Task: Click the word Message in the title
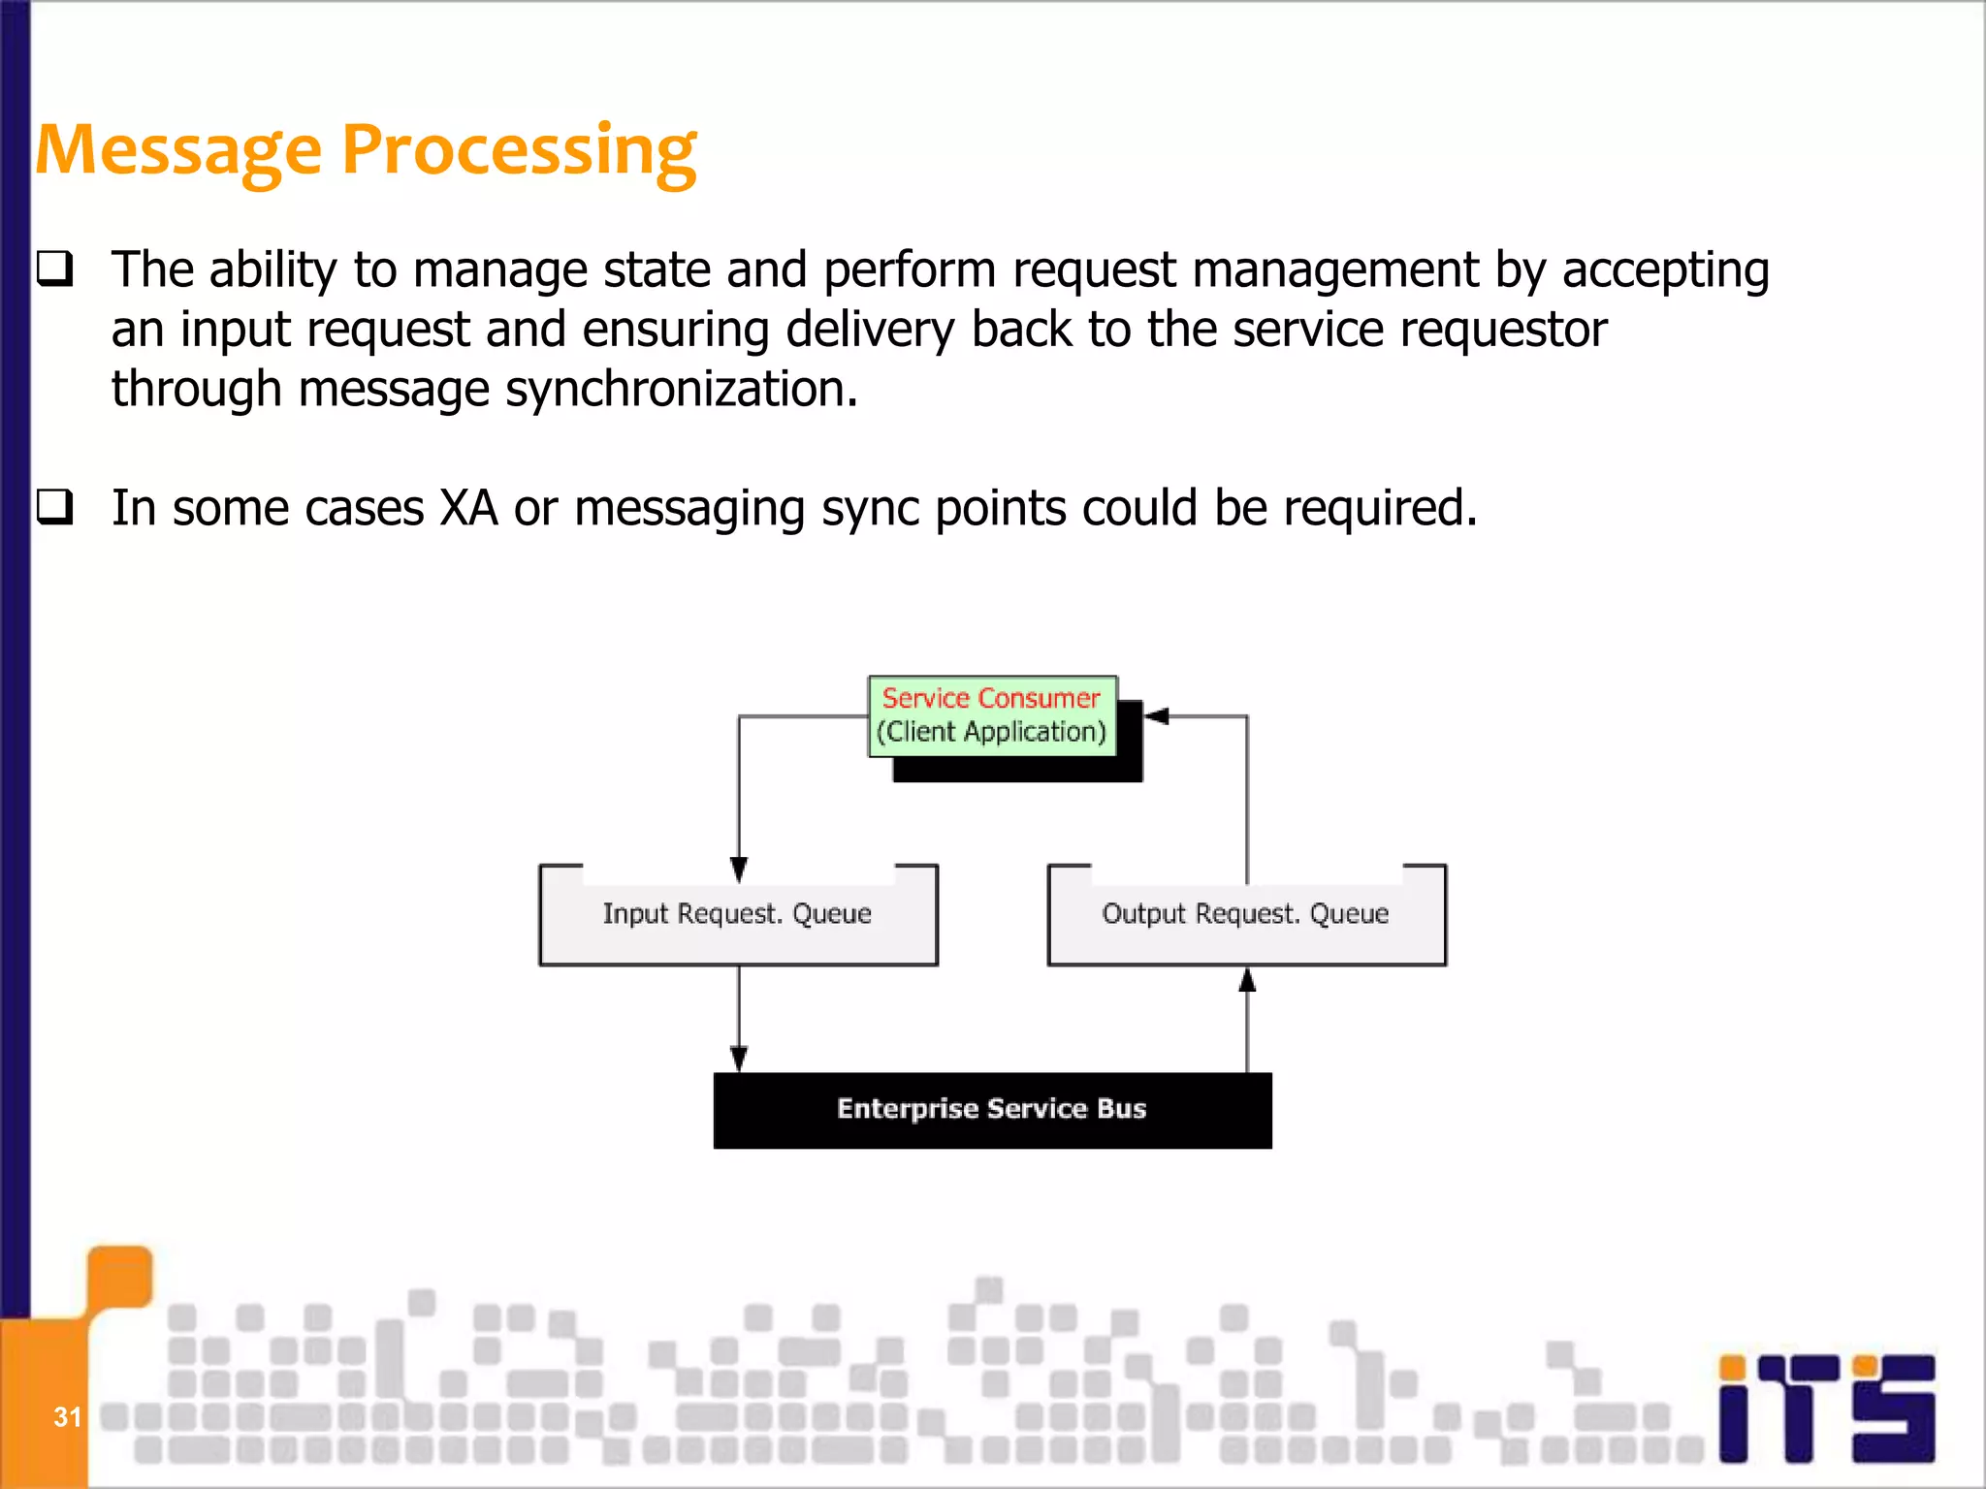(177, 151)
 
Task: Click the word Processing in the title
(519, 151)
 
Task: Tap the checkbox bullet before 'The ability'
(55, 268)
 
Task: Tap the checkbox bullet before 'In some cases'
(55, 506)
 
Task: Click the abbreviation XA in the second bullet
(468, 508)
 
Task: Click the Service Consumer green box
(991, 715)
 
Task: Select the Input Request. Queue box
(738, 914)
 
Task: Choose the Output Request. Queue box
(1246, 914)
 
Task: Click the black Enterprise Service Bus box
(992, 1110)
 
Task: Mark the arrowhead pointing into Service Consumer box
(1157, 716)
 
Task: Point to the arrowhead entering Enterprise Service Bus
(739, 1058)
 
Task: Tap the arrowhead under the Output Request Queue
(1247, 981)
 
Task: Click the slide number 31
(67, 1417)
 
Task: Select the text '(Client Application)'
(991, 732)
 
